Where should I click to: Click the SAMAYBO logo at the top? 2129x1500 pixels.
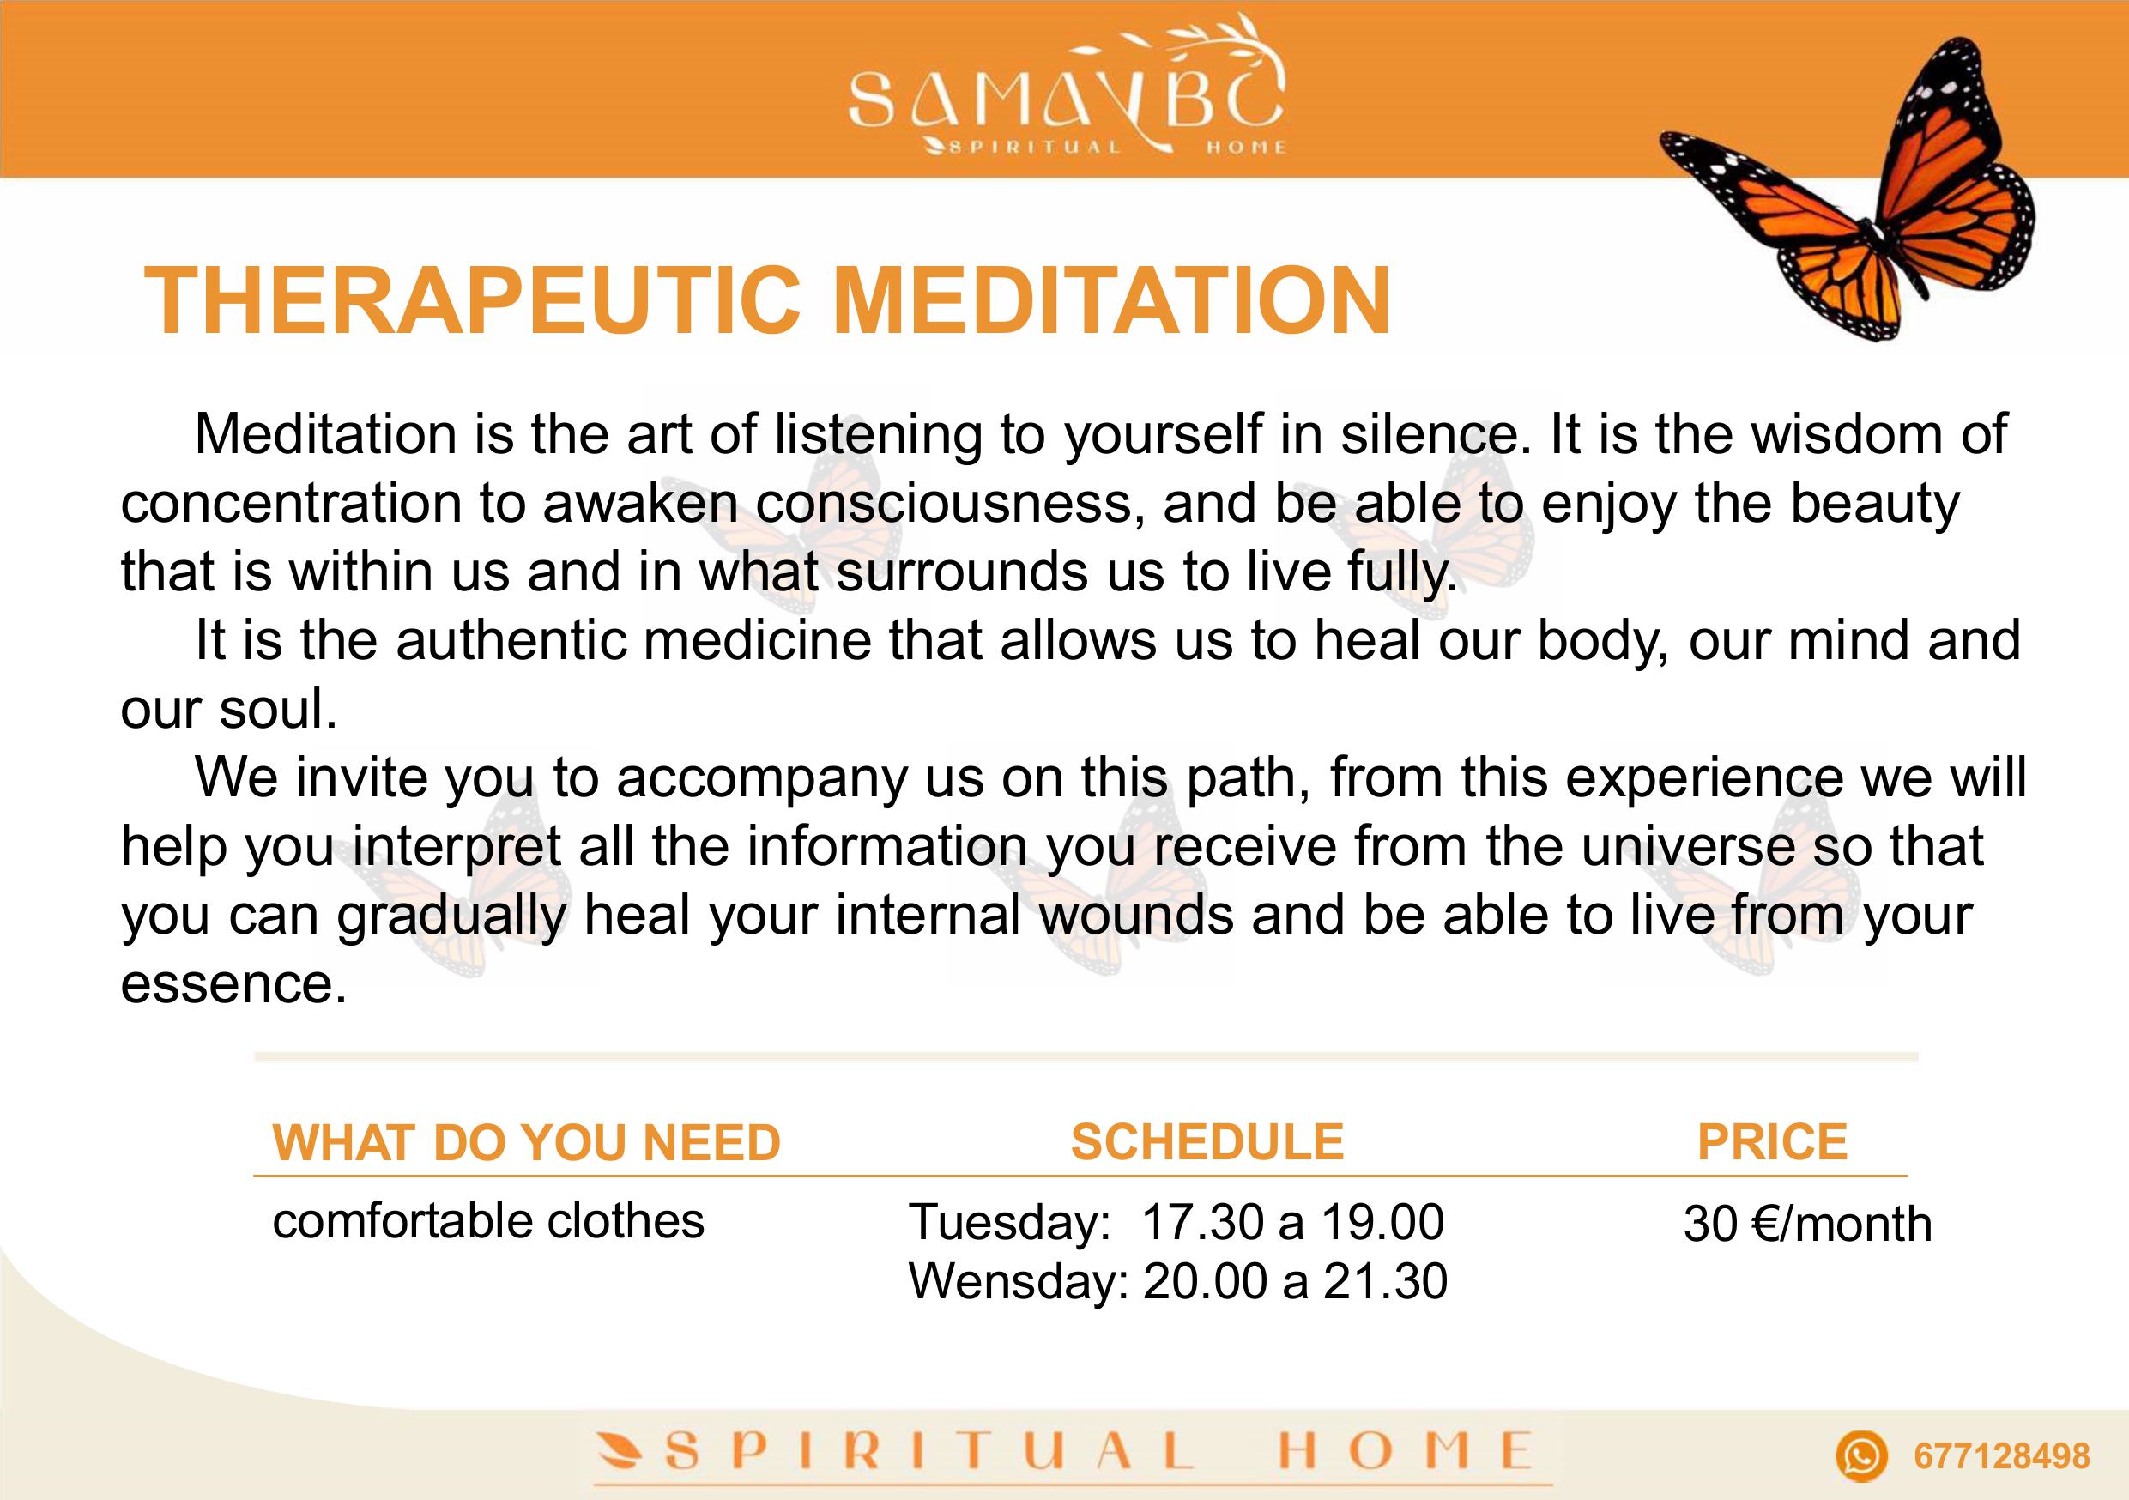[x=1067, y=93]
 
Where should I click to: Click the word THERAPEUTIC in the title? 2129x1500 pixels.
[x=472, y=300]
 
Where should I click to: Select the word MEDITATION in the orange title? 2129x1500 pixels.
[x=1112, y=300]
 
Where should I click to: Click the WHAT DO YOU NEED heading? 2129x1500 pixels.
[x=527, y=1142]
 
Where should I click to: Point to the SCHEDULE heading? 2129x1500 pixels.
[x=1207, y=1141]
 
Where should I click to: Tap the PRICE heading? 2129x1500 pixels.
[x=1773, y=1141]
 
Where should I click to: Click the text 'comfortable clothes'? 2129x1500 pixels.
[x=488, y=1221]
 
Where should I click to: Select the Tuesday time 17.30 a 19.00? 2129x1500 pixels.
[x=1292, y=1222]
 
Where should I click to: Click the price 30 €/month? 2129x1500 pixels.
[x=1808, y=1224]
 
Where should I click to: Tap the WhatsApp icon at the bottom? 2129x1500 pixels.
[x=1861, y=1455]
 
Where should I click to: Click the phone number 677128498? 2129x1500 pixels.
[x=2002, y=1456]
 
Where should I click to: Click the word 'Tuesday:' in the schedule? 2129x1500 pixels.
[x=1010, y=1222]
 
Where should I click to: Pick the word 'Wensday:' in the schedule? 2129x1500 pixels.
[x=1018, y=1281]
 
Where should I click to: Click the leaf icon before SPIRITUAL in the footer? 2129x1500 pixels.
[x=620, y=1451]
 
